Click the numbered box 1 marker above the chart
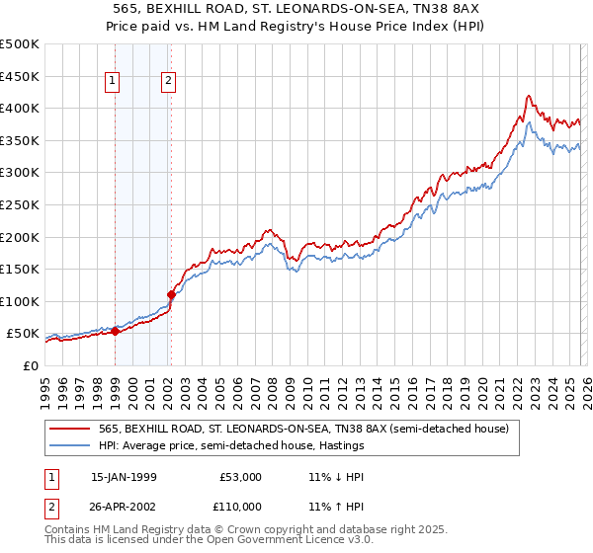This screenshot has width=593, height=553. (113, 82)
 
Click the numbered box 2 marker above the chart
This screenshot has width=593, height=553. (169, 82)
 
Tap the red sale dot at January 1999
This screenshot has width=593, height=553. (115, 332)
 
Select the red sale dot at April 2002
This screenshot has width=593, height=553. (171, 294)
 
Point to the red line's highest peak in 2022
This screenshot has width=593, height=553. (529, 96)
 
